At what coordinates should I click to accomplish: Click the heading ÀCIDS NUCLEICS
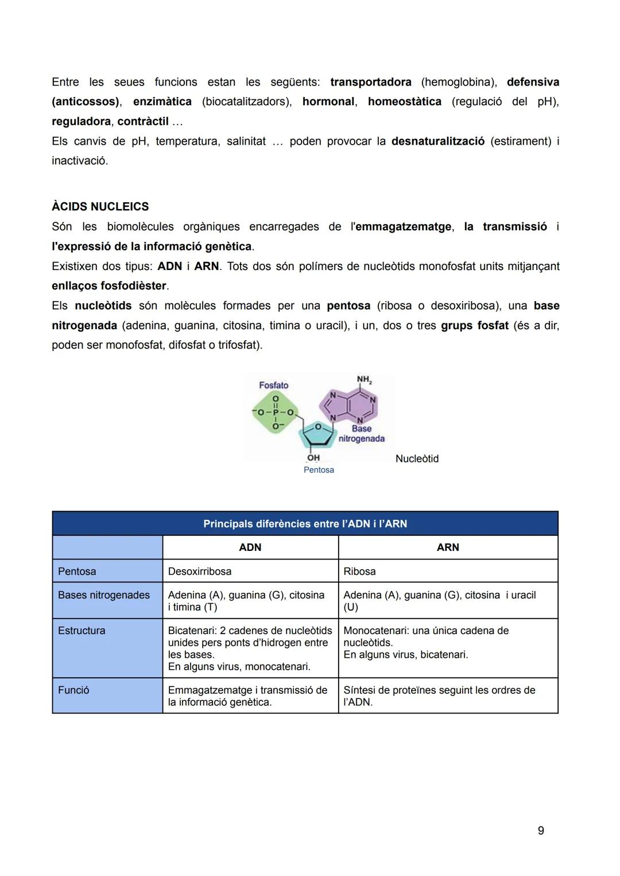[100, 206]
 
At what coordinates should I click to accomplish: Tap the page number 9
[540, 830]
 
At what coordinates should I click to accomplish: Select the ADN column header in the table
[250, 547]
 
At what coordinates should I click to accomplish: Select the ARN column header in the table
[448, 547]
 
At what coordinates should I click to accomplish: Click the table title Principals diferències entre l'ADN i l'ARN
[305, 524]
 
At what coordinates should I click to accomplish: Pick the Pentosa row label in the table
[77, 572]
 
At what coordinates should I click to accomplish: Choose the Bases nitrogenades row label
[103, 595]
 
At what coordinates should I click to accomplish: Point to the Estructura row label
[82, 631]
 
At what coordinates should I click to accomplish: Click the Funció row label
[73, 690]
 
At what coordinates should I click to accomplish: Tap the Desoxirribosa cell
[200, 572]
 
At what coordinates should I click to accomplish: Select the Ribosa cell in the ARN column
[359, 572]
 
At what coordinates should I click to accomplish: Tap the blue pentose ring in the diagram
[319, 435]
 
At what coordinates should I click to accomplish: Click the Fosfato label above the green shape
[273, 385]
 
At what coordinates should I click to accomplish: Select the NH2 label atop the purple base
[364, 380]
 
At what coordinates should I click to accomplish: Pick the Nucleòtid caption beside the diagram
[417, 458]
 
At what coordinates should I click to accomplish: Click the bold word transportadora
[370, 82]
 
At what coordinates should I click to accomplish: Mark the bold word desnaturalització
[437, 141]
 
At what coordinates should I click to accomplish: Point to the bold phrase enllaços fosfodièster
[109, 286]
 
